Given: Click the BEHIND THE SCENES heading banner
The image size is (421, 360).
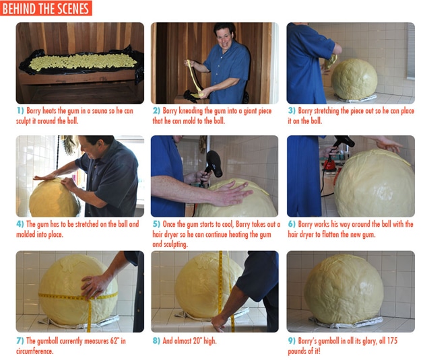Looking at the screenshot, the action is tap(46, 8).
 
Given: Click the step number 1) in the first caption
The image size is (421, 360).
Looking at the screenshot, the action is tap(20, 110).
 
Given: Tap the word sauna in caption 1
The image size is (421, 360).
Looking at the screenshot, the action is tap(100, 111).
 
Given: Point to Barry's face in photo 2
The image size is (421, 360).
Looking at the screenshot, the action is tap(224, 38).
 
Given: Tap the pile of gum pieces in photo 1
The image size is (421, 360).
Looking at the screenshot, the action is tap(83, 62).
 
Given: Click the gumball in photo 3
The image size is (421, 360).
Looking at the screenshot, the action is tap(354, 79).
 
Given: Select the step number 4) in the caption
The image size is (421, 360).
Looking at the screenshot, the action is tap(20, 224).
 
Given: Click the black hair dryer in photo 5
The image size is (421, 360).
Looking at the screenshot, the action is tap(214, 164).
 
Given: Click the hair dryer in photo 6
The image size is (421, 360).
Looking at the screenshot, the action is tap(342, 143).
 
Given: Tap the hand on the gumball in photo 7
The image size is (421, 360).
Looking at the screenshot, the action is tap(94, 285).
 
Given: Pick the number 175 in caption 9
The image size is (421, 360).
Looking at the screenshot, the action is tap(392, 341).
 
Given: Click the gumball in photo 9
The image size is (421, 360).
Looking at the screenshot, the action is tap(344, 289).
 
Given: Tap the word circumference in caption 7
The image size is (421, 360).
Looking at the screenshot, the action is tap(34, 351).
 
